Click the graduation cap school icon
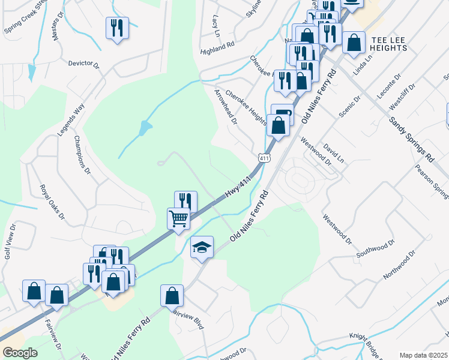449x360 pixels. [202, 247]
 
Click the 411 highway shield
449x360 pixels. [264, 158]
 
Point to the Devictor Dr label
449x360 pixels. [83, 63]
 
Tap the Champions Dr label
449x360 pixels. [82, 155]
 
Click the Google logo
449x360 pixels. [20, 353]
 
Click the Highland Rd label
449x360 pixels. [217, 46]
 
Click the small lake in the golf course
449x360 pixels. [144, 128]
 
